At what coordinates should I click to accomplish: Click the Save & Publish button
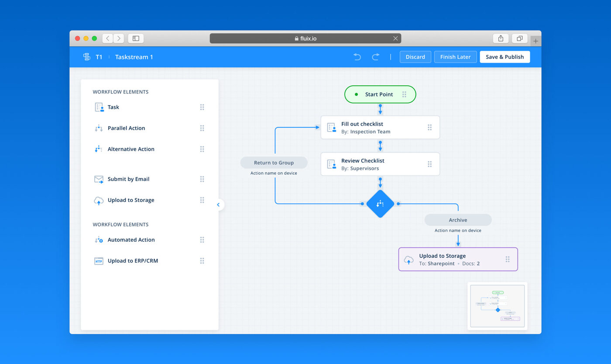505,57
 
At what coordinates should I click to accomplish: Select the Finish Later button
455,57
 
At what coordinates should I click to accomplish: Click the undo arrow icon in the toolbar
357,57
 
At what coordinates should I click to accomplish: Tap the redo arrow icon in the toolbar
375,57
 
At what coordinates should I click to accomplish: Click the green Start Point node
379,94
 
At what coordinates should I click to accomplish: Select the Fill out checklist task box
380,128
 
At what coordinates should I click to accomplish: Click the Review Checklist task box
380,164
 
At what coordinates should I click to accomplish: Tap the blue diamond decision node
380,204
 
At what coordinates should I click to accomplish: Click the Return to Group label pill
274,163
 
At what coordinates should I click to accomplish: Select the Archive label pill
458,220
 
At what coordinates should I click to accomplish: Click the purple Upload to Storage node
458,260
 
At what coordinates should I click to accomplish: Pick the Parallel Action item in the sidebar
126,128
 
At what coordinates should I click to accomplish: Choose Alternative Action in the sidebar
131,149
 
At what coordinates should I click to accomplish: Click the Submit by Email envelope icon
99,179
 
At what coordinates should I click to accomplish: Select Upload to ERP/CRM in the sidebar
133,261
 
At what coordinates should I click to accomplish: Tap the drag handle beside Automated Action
202,240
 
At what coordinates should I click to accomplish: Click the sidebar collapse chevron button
218,205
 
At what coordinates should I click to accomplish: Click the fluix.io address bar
305,38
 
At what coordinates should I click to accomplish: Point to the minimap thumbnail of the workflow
497,306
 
